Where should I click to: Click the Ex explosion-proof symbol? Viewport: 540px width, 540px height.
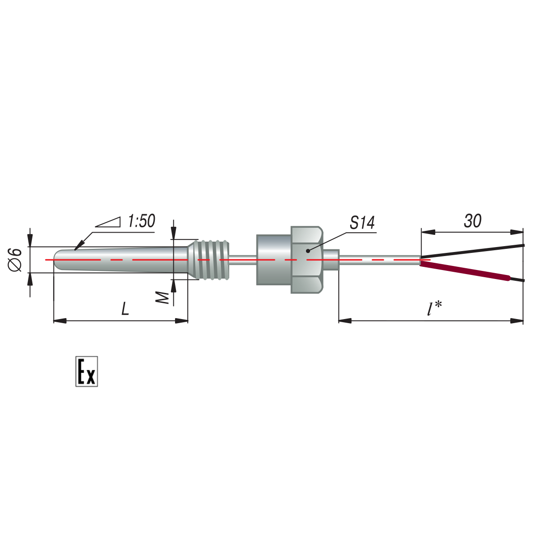(x=86, y=372)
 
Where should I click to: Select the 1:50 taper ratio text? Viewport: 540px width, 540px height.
(x=141, y=221)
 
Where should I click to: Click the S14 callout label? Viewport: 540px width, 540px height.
(x=362, y=223)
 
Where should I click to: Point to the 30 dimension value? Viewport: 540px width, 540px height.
(x=472, y=221)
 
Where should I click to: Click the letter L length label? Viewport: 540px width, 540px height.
(x=125, y=309)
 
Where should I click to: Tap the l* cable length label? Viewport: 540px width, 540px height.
(x=434, y=309)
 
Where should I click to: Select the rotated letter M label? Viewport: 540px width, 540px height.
(x=162, y=298)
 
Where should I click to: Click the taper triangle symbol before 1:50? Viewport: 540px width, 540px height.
(x=108, y=222)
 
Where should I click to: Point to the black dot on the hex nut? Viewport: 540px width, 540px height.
(x=308, y=251)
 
